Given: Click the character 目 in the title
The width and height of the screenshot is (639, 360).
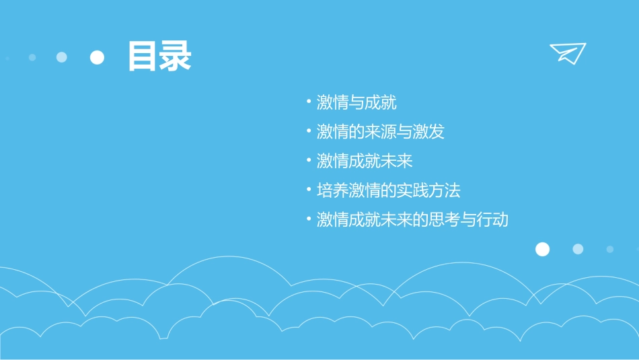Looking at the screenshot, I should (x=143, y=57).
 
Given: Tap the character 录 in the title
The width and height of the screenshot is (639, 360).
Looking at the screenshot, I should (x=176, y=57).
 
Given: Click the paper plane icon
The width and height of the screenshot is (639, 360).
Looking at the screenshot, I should (x=568, y=52).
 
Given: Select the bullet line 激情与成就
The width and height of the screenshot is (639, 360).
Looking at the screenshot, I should (x=356, y=102).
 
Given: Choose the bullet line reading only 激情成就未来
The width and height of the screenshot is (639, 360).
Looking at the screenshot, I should (x=365, y=161).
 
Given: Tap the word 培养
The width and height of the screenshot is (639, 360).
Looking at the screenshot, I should (x=332, y=190).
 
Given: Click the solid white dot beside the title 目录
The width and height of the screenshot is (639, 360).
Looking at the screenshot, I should (x=98, y=58).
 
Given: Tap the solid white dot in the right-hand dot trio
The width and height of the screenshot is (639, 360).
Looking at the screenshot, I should (x=542, y=250).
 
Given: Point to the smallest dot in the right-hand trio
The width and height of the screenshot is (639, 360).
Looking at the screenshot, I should (x=610, y=249).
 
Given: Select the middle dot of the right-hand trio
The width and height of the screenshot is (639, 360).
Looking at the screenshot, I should (x=578, y=249).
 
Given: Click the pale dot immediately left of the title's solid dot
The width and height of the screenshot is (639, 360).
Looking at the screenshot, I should (x=62, y=57).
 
